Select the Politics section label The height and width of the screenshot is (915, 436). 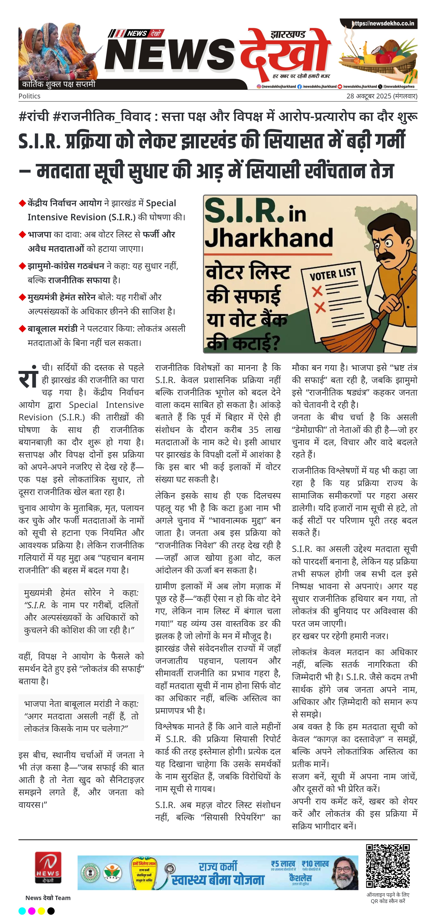pyautogui.click(x=29, y=96)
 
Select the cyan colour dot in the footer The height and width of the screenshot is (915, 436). pyautogui.click(x=22, y=910)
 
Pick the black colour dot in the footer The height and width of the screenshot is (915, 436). pyautogui.click(x=51, y=910)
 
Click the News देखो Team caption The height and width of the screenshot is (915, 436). pyautogui.click(x=48, y=898)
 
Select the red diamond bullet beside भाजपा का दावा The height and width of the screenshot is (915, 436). pyautogui.click(x=22, y=235)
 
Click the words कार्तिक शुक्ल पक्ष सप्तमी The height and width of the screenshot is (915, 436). pyautogui.click(x=59, y=84)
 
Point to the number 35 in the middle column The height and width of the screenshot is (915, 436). pyautogui.click(x=253, y=430)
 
